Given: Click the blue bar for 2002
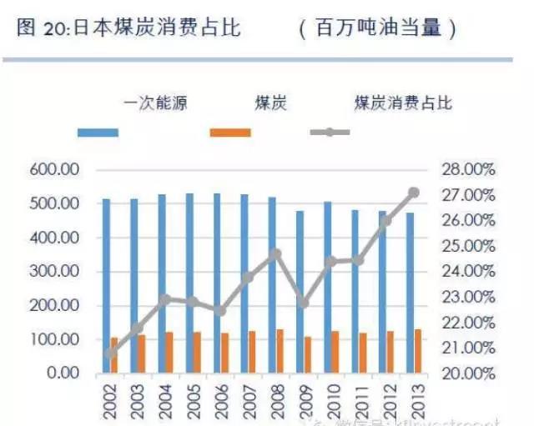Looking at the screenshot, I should (x=106, y=285).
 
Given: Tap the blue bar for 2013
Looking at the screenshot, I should (x=410, y=292).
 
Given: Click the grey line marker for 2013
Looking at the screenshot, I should (x=414, y=193).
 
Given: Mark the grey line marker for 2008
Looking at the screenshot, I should (x=276, y=253).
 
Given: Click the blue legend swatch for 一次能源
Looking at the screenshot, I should (x=98, y=133).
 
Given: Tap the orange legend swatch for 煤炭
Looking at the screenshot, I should (x=230, y=133).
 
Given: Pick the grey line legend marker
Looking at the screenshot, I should (x=330, y=133).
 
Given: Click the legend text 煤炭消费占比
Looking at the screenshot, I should (x=403, y=104).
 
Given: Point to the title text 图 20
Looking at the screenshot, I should (x=40, y=28).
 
